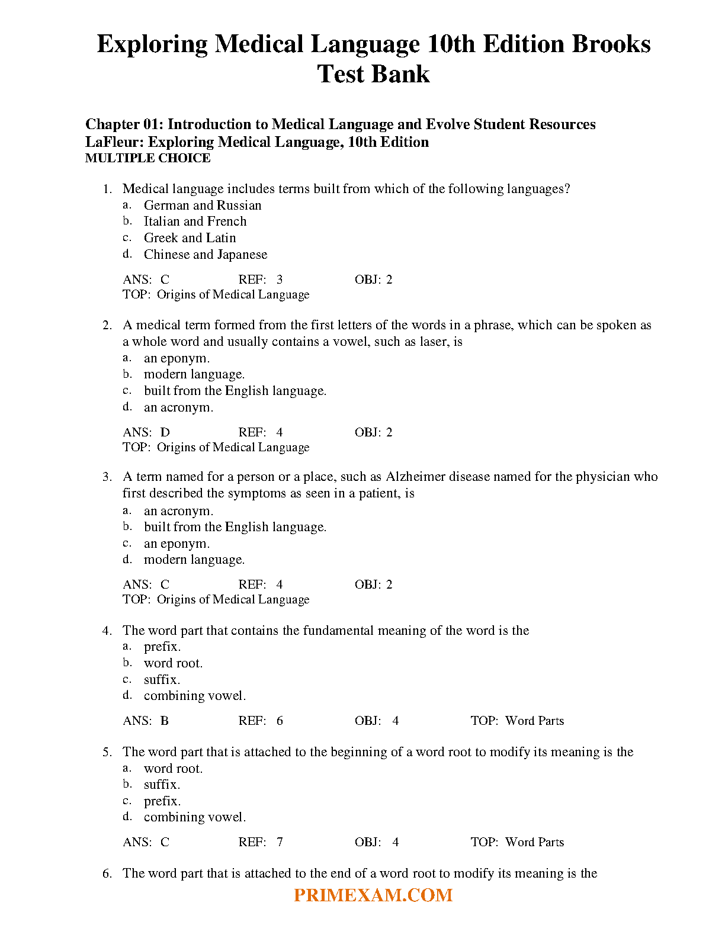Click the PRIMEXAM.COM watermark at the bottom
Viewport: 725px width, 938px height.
[373, 895]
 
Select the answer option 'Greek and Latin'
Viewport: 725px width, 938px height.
[190, 238]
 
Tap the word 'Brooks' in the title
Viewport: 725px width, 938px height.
[611, 44]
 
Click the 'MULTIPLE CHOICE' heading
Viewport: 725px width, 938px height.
[147, 158]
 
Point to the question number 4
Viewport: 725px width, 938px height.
[107, 631]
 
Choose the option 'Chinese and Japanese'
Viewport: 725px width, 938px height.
[205, 255]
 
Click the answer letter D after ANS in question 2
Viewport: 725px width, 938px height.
[165, 432]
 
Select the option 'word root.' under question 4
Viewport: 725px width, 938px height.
[173, 663]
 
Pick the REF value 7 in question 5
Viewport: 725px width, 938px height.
[280, 842]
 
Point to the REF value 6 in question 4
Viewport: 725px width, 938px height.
[280, 721]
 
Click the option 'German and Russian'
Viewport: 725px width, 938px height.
[202, 205]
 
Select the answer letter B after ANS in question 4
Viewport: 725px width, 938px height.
[165, 721]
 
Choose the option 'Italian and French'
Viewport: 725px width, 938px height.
[195, 221]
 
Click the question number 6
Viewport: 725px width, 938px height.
[107, 873]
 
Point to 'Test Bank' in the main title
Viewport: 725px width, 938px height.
[373, 74]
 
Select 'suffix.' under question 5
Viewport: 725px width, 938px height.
[162, 785]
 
